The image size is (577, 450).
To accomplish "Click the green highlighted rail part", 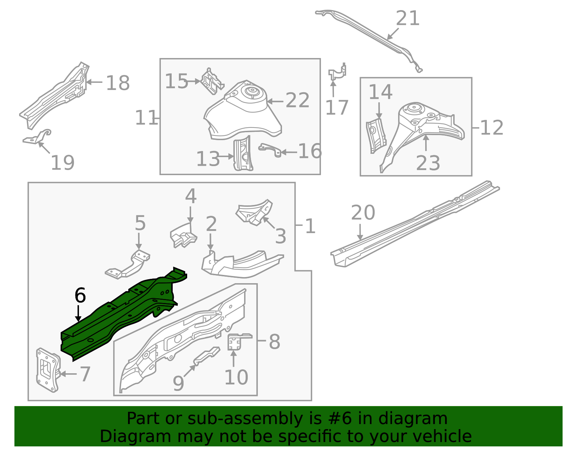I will click(119, 317).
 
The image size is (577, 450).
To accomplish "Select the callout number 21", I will click(408, 18).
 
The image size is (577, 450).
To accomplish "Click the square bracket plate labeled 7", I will click(47, 370).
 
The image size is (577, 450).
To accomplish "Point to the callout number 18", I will click(118, 83).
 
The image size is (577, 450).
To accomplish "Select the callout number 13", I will click(208, 159).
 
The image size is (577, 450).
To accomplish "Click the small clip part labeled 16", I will click(270, 149).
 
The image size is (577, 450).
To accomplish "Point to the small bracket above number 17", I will click(338, 72).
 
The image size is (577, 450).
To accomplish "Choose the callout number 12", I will click(492, 128).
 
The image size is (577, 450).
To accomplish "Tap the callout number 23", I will click(428, 163).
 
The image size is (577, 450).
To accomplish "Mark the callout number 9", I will click(178, 383).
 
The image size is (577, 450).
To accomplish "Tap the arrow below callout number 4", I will click(190, 215).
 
